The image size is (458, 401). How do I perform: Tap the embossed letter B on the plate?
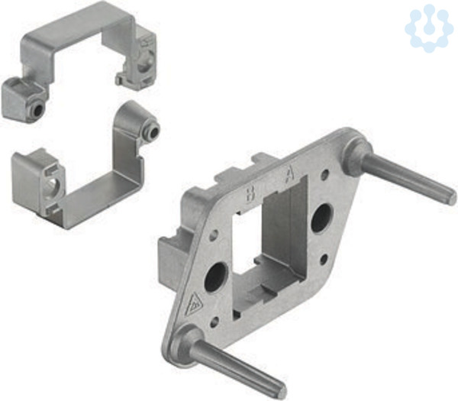click(250, 194)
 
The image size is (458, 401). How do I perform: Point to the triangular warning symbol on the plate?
click(195, 304)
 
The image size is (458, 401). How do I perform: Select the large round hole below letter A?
click(321, 218)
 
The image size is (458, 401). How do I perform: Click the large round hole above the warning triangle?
click(216, 276)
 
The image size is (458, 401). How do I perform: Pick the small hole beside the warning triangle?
click(214, 322)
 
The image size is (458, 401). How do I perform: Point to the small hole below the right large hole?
click(324, 259)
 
